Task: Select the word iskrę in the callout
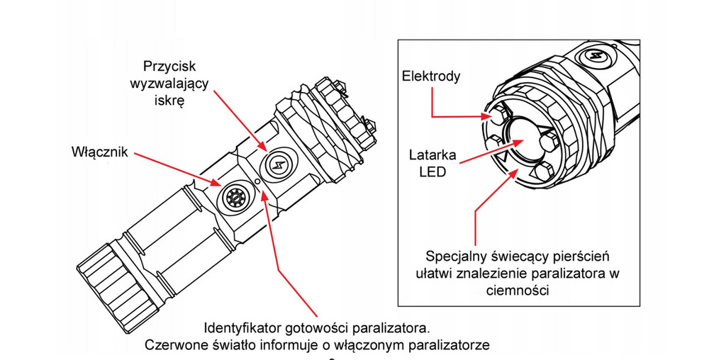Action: click(x=168, y=101)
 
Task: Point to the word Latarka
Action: click(x=432, y=154)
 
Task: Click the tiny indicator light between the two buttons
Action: click(x=258, y=181)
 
